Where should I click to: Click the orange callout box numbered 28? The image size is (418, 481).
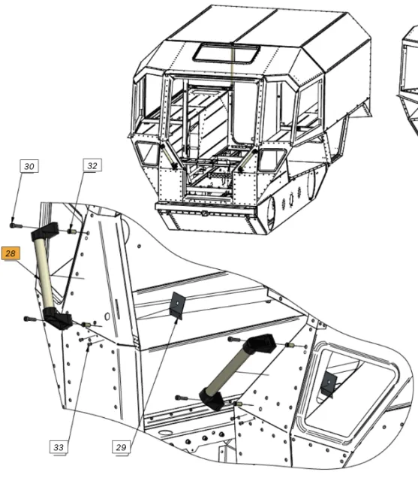11,253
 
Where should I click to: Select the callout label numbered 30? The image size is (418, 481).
29,166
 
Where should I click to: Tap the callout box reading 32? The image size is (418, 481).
92,165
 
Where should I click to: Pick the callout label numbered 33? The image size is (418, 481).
59,447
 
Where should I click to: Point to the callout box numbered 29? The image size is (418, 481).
121,447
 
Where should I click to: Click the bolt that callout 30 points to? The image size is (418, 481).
16,225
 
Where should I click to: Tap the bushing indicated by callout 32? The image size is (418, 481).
72,231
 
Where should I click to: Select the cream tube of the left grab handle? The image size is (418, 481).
44,273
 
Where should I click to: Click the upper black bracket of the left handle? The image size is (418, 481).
45,231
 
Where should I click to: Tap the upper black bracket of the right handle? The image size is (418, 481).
260,343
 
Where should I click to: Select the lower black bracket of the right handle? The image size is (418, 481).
212,399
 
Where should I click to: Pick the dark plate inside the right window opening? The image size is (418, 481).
329,384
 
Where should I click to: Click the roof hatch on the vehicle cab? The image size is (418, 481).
227,53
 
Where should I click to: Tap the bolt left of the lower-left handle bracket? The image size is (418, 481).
30,319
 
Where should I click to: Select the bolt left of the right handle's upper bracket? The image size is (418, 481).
235,339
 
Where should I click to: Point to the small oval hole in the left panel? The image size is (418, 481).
107,316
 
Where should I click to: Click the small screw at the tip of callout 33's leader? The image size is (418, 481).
90,344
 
